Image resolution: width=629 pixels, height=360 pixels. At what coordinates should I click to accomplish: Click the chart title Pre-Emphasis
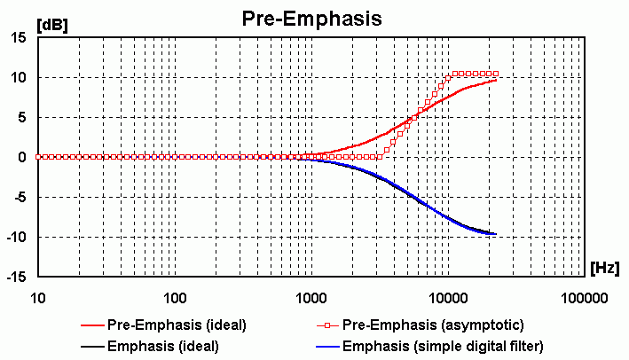[x=312, y=19]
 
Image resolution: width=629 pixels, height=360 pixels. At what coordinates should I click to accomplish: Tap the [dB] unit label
[x=50, y=25]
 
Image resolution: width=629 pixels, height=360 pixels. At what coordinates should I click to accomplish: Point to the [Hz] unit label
[x=605, y=266]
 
